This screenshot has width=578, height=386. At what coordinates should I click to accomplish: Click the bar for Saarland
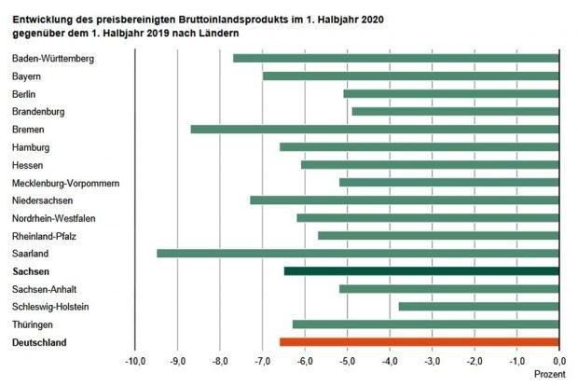(x=358, y=253)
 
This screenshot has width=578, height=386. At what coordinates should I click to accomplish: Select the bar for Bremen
(x=375, y=129)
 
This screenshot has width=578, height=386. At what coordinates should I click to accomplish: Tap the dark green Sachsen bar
(x=421, y=270)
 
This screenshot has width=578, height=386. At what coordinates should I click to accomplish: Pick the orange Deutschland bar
(x=420, y=342)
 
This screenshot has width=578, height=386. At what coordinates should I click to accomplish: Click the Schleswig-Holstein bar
(x=478, y=306)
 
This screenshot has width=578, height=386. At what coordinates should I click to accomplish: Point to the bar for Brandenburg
(x=455, y=111)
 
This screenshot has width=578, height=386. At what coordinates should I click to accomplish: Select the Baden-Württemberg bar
(x=396, y=58)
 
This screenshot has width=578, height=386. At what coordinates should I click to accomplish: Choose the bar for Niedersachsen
(x=405, y=200)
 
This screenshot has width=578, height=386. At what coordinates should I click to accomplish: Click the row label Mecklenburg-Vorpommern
(x=65, y=183)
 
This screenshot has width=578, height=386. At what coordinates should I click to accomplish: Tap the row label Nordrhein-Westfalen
(x=59, y=218)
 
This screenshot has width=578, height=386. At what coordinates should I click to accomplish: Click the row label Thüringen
(x=34, y=324)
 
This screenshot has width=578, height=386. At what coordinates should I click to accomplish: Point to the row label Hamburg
(x=32, y=147)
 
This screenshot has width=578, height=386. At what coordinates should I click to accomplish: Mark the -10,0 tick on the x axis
(x=135, y=361)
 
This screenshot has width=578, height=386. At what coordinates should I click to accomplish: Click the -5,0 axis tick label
(x=347, y=361)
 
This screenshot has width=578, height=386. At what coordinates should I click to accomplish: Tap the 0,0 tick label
(x=558, y=361)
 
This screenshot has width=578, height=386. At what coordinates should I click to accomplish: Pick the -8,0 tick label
(x=220, y=361)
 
